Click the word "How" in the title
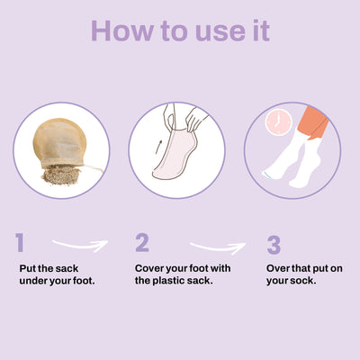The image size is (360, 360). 122,31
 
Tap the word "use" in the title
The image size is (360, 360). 220,33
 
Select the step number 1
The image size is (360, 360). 20,242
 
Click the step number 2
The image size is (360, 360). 142,242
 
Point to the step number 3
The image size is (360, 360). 274,245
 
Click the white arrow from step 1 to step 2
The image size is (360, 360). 80,246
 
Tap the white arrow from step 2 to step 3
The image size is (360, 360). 218,248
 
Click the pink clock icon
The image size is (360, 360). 279,121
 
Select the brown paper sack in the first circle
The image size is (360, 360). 60,142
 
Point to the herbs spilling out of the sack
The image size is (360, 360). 62,175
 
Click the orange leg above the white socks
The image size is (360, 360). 312,121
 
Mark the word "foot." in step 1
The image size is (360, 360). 84,281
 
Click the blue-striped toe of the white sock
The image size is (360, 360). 266,175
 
